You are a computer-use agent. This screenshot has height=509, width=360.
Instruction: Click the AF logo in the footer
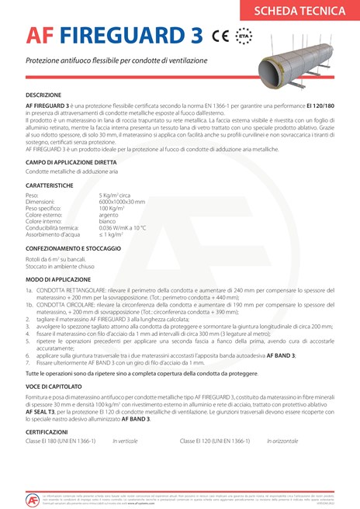point(33,497)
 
